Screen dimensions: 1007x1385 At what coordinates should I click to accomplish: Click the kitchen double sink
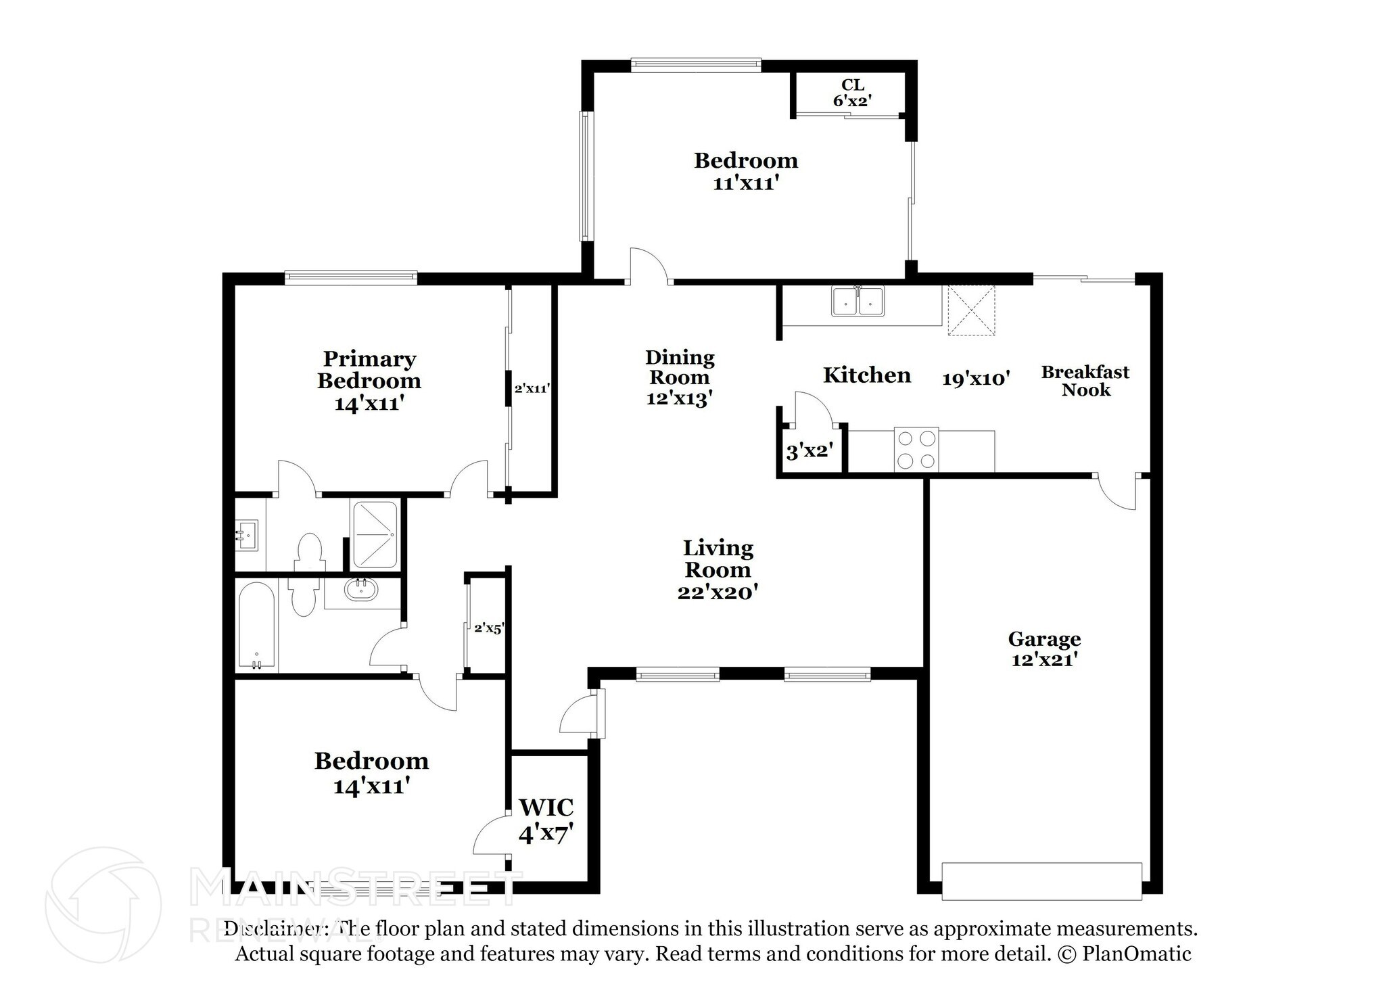pyautogui.click(x=858, y=301)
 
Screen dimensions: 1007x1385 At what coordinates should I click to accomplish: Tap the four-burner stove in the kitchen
pyautogui.click(x=916, y=450)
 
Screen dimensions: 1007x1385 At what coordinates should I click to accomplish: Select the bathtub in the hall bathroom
pyautogui.click(x=256, y=626)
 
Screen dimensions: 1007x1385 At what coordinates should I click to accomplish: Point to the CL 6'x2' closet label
pyautogui.click(x=852, y=93)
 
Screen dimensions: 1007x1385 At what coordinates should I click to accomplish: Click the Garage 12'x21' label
pyautogui.click(x=1044, y=649)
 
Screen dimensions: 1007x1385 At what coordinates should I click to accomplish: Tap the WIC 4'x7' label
pyautogui.click(x=546, y=820)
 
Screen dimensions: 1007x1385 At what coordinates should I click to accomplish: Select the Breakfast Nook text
pyautogui.click(x=1085, y=381)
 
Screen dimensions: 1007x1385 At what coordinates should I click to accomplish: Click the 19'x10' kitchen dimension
pyautogui.click(x=976, y=379)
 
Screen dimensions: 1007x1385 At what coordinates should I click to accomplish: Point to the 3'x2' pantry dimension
pyautogui.click(x=808, y=451)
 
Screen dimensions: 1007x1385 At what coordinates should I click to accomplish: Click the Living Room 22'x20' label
pyautogui.click(x=718, y=569)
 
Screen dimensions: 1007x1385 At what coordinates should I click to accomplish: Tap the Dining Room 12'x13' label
pyautogui.click(x=680, y=377)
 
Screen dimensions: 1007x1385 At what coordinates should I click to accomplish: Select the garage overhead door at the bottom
pyautogui.click(x=1041, y=881)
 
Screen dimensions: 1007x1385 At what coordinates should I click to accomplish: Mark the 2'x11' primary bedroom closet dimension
pyautogui.click(x=532, y=389)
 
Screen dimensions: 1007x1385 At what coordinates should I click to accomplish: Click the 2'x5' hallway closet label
pyautogui.click(x=488, y=628)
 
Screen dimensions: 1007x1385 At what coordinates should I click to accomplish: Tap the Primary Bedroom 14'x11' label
pyautogui.click(x=369, y=381)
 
